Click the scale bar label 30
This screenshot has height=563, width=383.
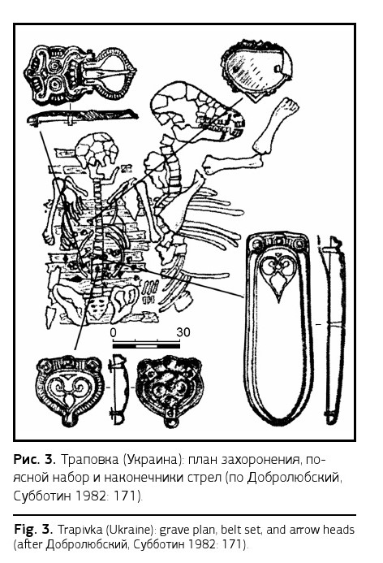(x=183, y=332)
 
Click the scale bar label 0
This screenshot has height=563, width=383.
(x=114, y=333)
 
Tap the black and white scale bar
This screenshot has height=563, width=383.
(x=146, y=346)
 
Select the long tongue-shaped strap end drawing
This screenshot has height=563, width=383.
(x=278, y=327)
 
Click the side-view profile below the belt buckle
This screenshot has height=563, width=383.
(x=83, y=117)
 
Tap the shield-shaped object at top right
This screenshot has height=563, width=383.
(x=256, y=70)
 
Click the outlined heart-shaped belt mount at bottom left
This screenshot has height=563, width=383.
(x=69, y=390)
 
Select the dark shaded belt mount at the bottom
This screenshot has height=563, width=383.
(x=170, y=390)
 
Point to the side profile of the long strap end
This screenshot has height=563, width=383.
(x=333, y=328)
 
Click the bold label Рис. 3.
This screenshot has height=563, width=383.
(x=35, y=459)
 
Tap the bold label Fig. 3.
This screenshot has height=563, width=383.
(x=34, y=529)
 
